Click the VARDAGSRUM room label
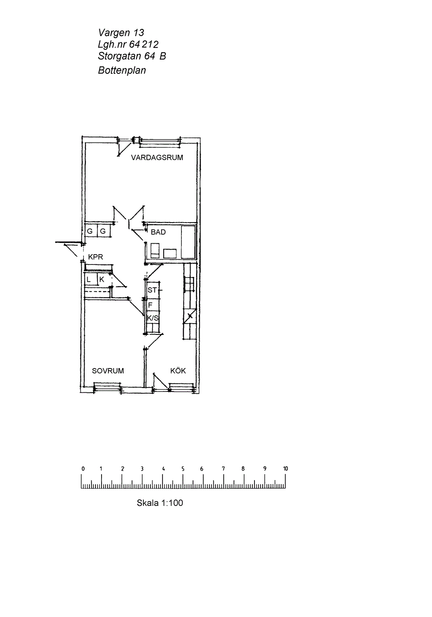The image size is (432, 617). (157, 158)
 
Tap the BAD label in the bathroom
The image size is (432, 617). (158, 232)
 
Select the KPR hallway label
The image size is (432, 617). (95, 257)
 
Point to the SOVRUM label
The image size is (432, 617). (108, 371)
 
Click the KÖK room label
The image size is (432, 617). (178, 370)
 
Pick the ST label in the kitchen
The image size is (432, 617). (152, 290)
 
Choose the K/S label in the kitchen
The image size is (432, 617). (153, 318)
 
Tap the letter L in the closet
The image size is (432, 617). (89, 280)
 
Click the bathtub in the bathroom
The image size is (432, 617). (188, 242)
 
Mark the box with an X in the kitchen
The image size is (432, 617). (190, 316)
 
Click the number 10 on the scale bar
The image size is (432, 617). (286, 468)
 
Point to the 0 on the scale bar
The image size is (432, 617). (83, 468)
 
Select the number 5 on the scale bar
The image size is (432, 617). (183, 468)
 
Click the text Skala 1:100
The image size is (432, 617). (160, 503)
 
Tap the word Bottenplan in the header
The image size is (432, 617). (122, 70)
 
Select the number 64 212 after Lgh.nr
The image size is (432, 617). (144, 45)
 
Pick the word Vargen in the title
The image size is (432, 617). (114, 33)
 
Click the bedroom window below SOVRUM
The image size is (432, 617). (108, 388)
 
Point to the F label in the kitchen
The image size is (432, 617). (150, 305)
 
